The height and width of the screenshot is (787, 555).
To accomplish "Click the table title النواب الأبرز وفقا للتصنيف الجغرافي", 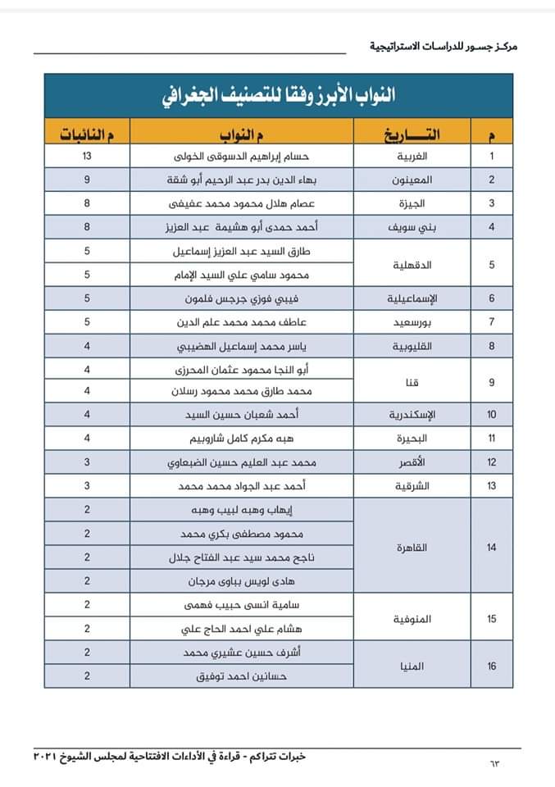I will (279, 95).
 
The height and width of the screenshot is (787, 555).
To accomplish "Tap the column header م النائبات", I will (86, 133).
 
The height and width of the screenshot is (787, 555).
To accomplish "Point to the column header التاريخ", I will (412, 133).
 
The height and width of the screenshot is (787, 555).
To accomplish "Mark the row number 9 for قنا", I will (492, 381).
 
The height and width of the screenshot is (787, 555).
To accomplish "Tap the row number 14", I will (492, 547).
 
